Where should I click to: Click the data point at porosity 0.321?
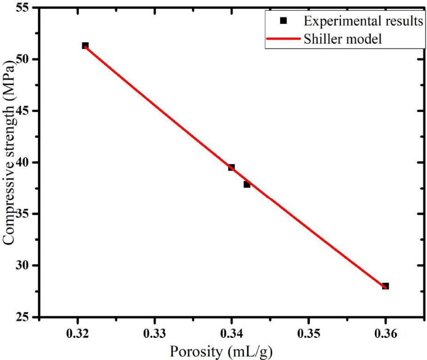pyautogui.click(x=85, y=46)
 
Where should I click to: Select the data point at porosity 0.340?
pyautogui.click(x=231, y=167)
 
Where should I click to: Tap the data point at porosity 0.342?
pyautogui.click(x=247, y=184)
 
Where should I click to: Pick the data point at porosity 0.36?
pyautogui.click(x=386, y=286)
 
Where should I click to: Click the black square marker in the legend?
pyautogui.click(x=283, y=21)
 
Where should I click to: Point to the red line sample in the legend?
pyautogui.click(x=283, y=39)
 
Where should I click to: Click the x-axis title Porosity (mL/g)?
pyautogui.click(x=221, y=351)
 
